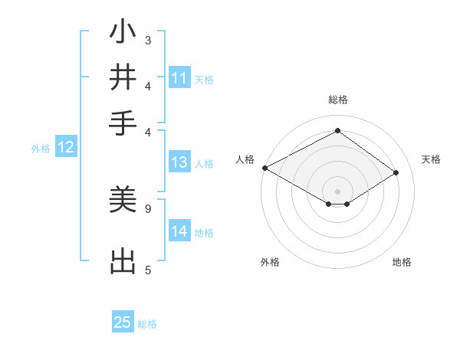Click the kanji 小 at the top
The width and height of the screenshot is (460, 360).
coord(123,34)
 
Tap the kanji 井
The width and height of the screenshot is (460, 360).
coord(123,77)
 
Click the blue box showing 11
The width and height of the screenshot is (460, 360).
coord(179,78)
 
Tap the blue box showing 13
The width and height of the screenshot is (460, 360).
coord(179,162)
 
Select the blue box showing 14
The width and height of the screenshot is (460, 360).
coord(179,231)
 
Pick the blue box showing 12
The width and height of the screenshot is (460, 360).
coord(66,148)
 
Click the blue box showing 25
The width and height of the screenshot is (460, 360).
coord(123,322)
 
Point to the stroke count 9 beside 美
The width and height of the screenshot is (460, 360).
coord(148,208)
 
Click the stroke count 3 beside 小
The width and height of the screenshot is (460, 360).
coord(148,39)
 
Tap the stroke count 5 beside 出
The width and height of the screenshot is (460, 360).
coord(148,269)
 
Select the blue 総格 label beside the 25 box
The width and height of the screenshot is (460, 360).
coord(147,324)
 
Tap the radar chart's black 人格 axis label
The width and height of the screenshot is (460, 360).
coord(245,159)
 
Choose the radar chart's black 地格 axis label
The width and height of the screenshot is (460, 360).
coord(402,263)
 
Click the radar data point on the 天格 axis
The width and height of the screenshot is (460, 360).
coord(396,173)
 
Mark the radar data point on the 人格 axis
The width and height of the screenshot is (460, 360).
coord(264,167)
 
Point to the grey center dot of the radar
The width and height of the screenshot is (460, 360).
coord(337,191)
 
